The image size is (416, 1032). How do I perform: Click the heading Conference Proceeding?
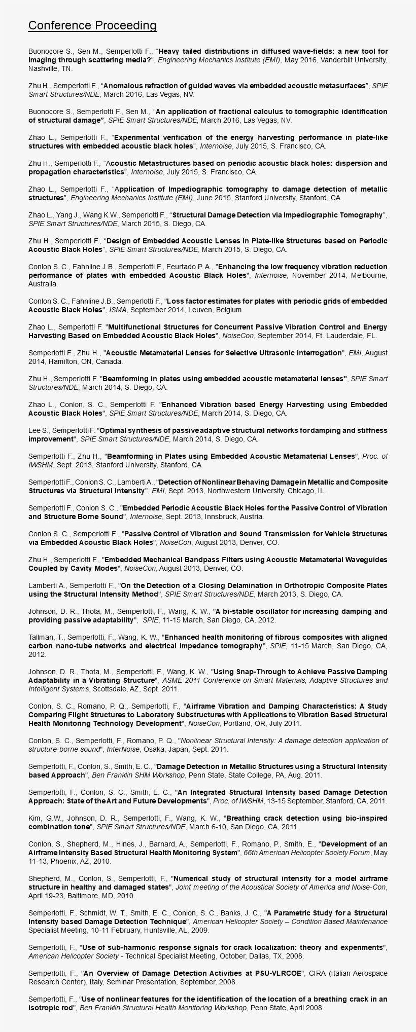click(92, 26)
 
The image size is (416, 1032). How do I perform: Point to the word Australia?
click(43, 284)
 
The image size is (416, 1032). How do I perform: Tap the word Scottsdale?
click(108, 689)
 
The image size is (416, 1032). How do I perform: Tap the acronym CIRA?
click(319, 973)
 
